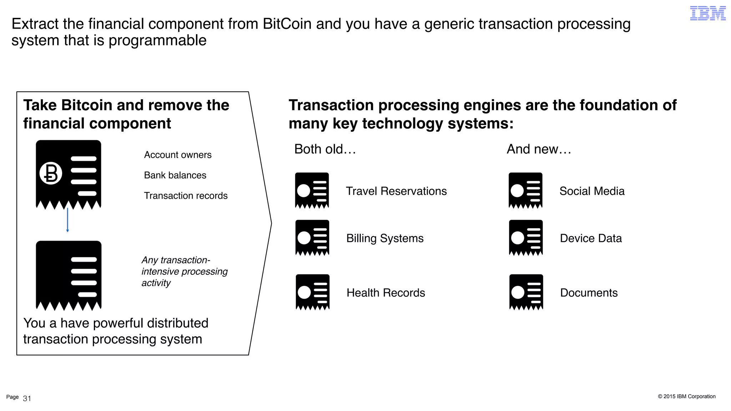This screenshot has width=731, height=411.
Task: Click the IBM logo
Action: point(707,13)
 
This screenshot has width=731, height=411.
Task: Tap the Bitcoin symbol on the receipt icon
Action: point(51,173)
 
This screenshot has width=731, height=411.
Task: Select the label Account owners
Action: point(178,155)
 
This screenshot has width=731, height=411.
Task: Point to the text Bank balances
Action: point(175,175)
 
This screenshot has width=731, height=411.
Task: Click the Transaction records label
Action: point(186,196)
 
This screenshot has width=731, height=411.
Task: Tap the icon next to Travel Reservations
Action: point(312,190)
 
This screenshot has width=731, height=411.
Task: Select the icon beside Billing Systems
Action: point(312,238)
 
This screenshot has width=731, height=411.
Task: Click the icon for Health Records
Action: point(313,292)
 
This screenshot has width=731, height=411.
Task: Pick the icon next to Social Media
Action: point(525,190)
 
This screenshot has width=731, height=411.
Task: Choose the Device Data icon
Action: point(526,238)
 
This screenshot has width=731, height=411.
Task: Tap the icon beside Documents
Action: point(526,292)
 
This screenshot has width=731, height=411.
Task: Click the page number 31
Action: point(27,399)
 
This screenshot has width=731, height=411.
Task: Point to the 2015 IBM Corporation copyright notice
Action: point(687,396)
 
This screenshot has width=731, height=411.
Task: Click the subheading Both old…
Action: point(325,149)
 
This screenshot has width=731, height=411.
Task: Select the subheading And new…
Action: point(539,149)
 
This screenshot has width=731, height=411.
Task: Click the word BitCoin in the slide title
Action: point(287,24)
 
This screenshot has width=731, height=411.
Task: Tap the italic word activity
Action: point(156,283)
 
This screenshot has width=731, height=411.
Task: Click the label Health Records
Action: point(386,293)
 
